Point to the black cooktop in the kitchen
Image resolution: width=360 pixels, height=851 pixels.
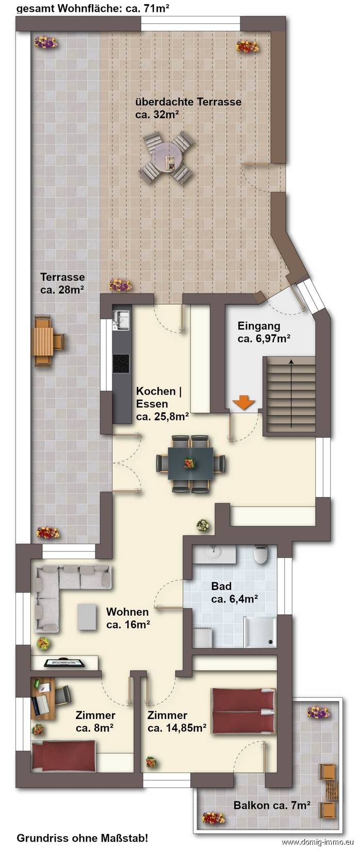coord(121,366)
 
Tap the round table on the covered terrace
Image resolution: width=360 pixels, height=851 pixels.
coord(168,158)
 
